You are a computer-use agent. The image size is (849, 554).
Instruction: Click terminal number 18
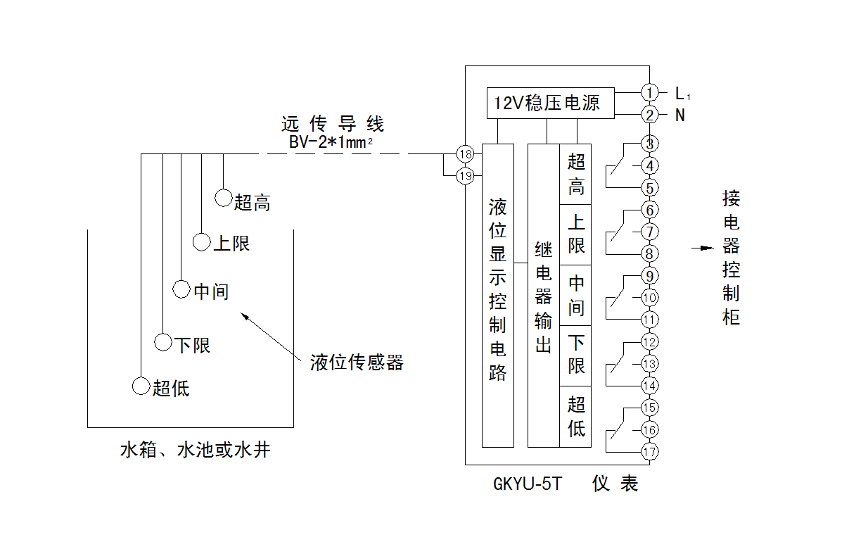click(465, 154)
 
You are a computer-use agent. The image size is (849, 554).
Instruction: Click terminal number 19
click(465, 176)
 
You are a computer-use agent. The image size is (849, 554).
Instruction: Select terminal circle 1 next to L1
click(649, 92)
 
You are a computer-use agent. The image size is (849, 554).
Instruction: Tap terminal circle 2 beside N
click(649, 115)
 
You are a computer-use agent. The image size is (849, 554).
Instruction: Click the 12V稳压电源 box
click(551, 103)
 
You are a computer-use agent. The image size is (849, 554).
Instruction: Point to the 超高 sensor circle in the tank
click(224, 199)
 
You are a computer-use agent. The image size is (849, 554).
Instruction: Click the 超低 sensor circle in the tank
click(141, 386)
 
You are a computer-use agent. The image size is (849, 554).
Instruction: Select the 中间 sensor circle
click(181, 289)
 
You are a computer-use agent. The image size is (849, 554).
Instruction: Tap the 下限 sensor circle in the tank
click(163, 343)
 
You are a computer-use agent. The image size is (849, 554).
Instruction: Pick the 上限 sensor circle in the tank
click(202, 242)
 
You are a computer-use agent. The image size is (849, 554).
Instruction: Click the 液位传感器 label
click(357, 363)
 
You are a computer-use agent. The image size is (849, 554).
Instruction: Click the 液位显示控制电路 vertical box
click(498, 296)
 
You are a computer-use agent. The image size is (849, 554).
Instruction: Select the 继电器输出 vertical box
click(543, 296)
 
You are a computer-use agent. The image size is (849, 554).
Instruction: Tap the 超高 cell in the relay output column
click(576, 174)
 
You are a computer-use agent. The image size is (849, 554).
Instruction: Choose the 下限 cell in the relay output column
click(576, 355)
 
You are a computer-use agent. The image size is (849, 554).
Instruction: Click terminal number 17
click(649, 452)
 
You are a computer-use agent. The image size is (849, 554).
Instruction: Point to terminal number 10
click(649, 298)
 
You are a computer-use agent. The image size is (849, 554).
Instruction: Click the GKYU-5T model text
click(528, 485)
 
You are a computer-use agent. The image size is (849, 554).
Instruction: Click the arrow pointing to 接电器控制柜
click(701, 248)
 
